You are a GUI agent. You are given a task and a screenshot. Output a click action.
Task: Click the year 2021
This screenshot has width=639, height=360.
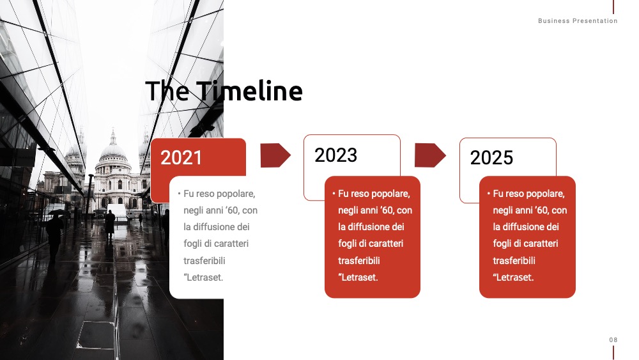pos(181,158)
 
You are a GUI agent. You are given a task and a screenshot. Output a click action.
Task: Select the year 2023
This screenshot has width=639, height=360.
pos(336,155)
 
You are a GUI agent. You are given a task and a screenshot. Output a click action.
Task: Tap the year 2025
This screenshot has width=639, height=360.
pos(491,158)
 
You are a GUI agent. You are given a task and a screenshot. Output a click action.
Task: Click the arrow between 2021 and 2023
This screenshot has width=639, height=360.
pos(275,155)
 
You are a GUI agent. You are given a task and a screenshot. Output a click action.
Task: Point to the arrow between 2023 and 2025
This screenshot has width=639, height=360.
pos(430,155)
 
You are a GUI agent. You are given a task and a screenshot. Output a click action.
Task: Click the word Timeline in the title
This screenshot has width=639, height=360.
pos(249,91)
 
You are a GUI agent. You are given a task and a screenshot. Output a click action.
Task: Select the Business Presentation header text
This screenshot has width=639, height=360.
pos(578,21)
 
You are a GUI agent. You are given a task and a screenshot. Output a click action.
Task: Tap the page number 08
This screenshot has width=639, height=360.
pos(613,340)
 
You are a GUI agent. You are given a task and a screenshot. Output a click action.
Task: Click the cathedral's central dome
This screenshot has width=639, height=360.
pos(113,150)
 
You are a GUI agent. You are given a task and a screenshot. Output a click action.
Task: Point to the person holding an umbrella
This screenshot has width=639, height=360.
pos(55,232)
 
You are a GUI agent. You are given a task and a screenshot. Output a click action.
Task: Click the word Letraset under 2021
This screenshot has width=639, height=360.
pos(204,278)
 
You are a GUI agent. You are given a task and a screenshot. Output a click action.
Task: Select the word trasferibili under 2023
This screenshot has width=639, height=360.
pos(358,260)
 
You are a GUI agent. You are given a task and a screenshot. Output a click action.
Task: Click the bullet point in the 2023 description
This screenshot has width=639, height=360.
pos(334,193)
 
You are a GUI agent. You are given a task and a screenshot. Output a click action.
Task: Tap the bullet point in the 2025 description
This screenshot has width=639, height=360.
pos(489,193)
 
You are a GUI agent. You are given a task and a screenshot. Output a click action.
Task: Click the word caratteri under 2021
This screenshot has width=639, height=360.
pos(231,244)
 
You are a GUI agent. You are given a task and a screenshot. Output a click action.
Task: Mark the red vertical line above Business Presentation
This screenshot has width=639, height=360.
pos(613,7)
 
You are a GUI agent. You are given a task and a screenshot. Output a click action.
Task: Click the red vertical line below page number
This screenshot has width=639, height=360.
pos(613,353)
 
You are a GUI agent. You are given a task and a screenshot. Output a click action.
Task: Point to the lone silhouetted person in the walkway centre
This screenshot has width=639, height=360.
pos(110,224)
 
